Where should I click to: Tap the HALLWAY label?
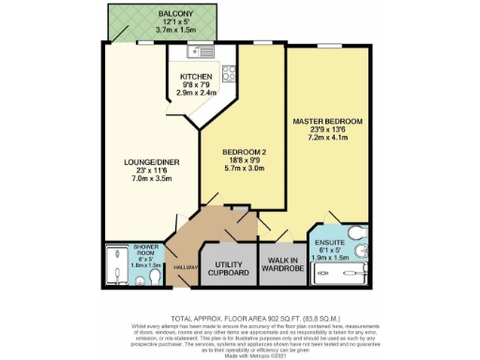[x=186, y=267]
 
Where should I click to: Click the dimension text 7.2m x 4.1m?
[x=327, y=139]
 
